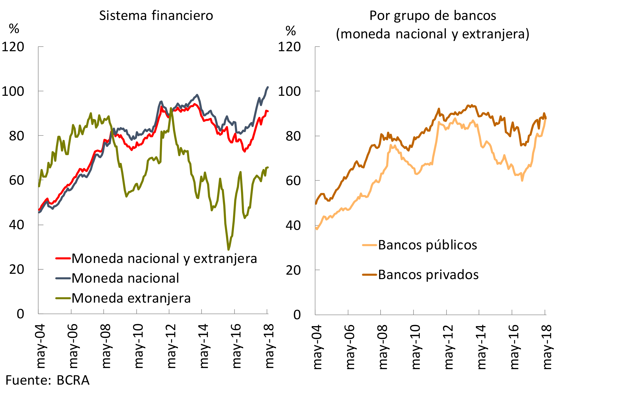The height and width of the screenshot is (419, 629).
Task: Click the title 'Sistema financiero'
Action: (156, 16)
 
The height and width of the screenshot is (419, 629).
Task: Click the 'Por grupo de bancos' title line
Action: (432, 16)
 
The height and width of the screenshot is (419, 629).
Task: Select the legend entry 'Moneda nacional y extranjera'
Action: (164, 258)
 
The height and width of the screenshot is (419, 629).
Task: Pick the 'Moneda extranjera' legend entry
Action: (131, 298)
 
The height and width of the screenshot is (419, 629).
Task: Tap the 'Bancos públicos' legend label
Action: (427, 245)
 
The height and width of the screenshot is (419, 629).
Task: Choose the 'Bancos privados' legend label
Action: (428, 274)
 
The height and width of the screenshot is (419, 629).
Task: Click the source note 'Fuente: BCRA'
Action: (47, 380)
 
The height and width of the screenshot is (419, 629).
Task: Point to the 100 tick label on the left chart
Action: (13, 91)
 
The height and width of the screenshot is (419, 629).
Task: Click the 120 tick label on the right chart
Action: (289, 47)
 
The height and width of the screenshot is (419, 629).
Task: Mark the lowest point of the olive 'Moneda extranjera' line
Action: (228, 250)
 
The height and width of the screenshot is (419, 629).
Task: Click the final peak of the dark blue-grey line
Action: (268, 87)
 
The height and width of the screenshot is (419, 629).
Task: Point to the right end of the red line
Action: (268, 111)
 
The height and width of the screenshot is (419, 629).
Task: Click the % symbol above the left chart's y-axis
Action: (14, 28)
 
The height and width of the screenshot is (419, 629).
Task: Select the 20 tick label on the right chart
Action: (293, 270)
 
